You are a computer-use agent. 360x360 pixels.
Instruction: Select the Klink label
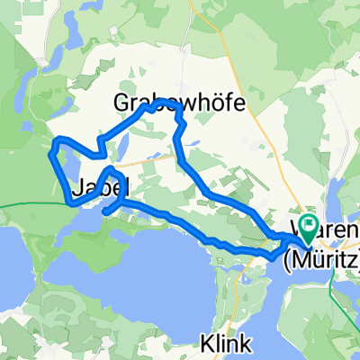tap(227, 343)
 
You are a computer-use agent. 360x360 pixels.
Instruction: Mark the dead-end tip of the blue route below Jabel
tap(106, 211)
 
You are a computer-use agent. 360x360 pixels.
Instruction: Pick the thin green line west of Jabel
tap(27, 205)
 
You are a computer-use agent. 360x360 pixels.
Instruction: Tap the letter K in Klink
tap(206, 343)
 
